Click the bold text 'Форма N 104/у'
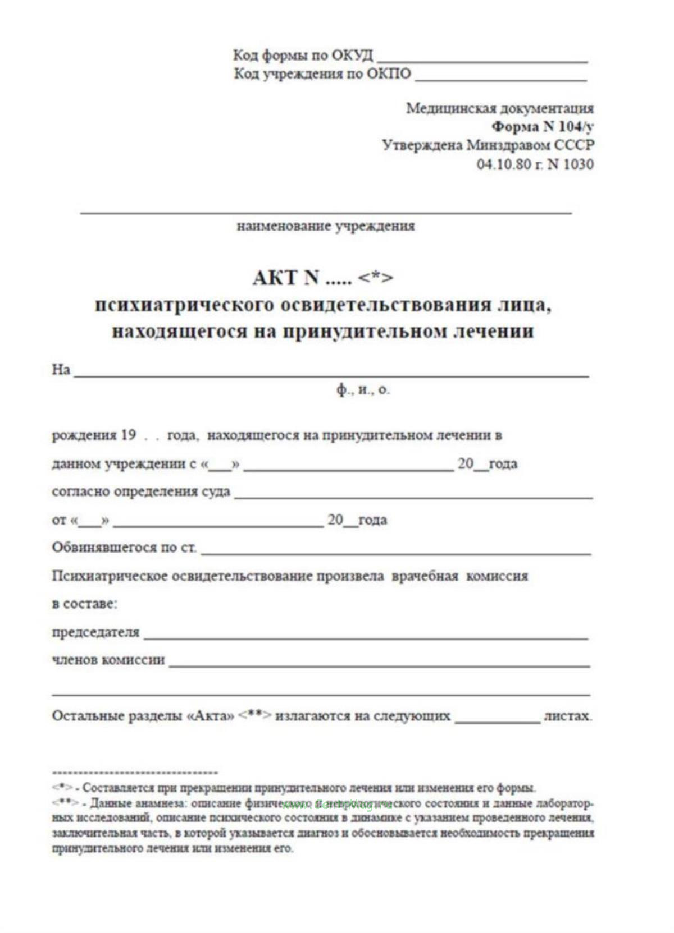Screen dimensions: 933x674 (x=542, y=126)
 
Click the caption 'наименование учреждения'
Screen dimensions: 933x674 (x=326, y=226)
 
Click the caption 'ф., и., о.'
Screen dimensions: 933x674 (x=363, y=389)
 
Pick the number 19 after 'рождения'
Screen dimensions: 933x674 (x=128, y=435)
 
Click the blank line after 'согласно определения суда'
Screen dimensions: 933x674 (x=413, y=497)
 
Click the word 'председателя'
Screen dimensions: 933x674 (x=95, y=632)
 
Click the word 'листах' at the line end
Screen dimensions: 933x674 (x=567, y=716)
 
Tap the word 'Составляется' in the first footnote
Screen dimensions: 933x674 (x=116, y=788)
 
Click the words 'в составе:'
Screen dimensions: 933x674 (x=84, y=604)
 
